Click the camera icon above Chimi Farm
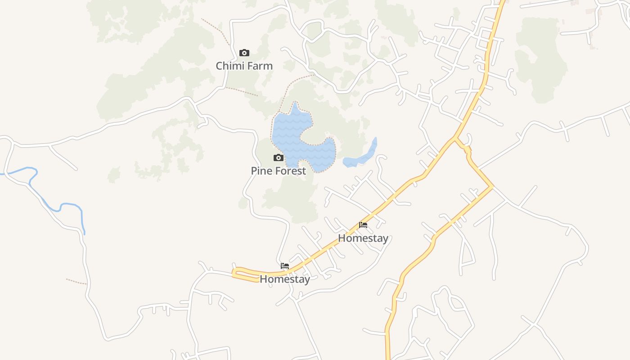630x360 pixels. pyautogui.click(x=244, y=53)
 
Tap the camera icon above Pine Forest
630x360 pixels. pyautogui.click(x=279, y=157)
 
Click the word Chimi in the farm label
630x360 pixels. pyautogui.click(x=229, y=66)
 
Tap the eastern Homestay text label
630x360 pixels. pyautogui.click(x=363, y=238)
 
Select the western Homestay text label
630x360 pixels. pyautogui.click(x=285, y=279)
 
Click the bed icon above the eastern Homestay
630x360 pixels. pyautogui.click(x=363, y=225)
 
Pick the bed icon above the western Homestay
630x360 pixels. pyautogui.click(x=285, y=265)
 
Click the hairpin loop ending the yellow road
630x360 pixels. pyautogui.click(x=236, y=272)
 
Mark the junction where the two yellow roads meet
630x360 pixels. pyautogui.click(x=455, y=138)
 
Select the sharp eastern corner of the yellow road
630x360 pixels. pyautogui.click(x=493, y=187)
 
